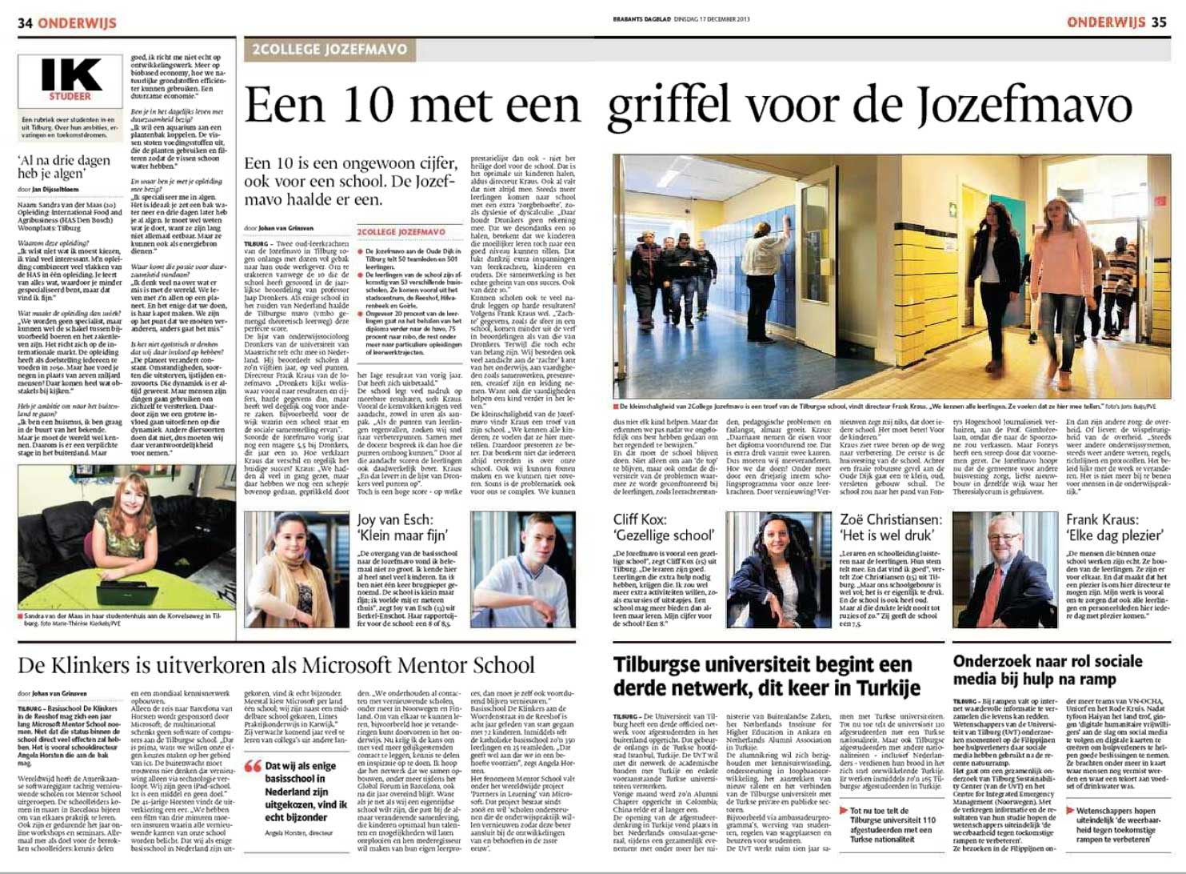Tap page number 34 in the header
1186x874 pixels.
coord(25,22)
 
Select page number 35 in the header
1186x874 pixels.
coord(1159,22)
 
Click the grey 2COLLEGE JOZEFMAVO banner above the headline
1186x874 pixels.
coord(329,50)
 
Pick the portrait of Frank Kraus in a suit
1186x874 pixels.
coord(1004,569)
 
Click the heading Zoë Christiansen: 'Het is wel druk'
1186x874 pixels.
coord(891,527)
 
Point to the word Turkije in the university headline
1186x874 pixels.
coord(873,688)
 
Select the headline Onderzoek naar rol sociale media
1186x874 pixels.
coord(1047,670)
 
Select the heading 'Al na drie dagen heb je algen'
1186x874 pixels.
coord(64,166)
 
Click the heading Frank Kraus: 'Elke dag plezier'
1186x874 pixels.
coord(1113,527)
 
